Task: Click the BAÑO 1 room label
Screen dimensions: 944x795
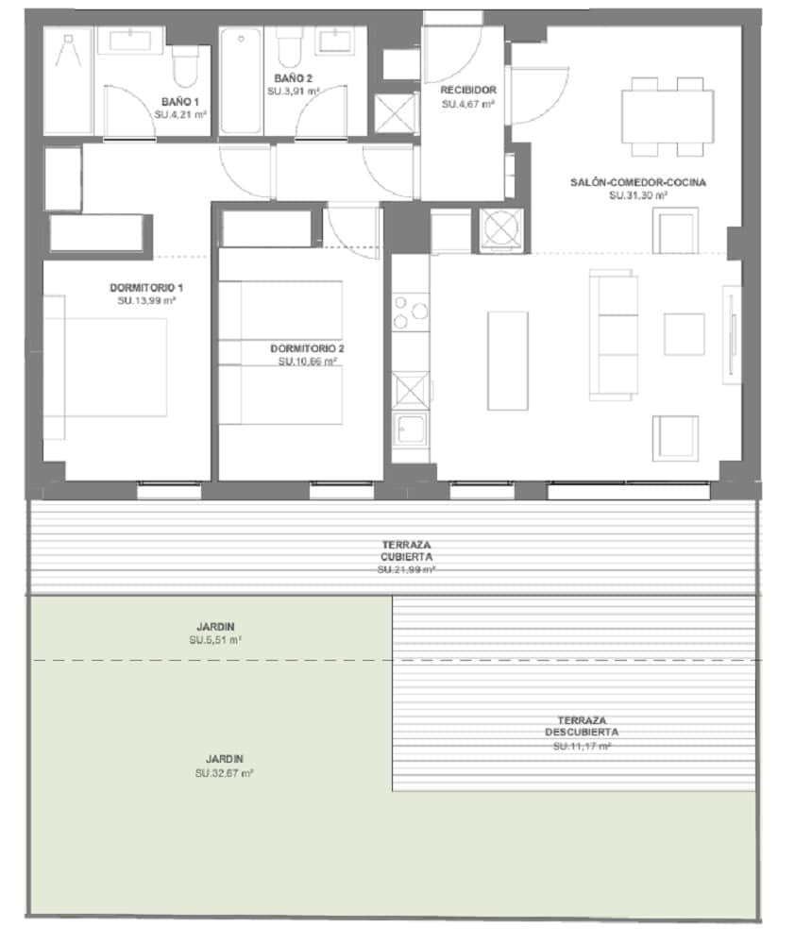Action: coord(180,101)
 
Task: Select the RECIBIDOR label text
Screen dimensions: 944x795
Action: coord(468,91)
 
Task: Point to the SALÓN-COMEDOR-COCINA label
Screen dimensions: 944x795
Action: coord(638,181)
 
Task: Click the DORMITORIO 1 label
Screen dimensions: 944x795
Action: coord(146,287)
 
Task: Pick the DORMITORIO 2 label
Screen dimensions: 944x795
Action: coord(308,347)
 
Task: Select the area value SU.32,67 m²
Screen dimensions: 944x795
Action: coord(223,773)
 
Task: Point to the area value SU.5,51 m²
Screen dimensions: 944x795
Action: coord(215,640)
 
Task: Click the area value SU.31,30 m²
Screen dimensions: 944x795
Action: coord(638,195)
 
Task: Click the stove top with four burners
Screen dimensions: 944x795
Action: coord(410,312)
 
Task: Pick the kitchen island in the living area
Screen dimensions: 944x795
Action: coord(501,360)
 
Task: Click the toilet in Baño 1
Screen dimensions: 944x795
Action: coord(185,63)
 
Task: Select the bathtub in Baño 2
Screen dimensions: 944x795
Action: coord(243,81)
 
